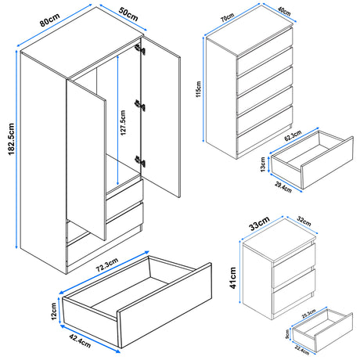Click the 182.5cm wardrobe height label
tap(11, 139)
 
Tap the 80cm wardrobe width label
tap(49, 20)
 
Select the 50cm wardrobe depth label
tap(128, 14)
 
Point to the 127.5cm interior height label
tap(124, 123)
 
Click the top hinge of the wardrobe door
tap(139, 49)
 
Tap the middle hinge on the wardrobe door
tap(140, 106)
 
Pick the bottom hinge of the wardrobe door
tap(140, 161)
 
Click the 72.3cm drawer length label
tap(107, 265)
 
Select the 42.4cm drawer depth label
tap(80, 341)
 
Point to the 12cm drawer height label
tap(54, 311)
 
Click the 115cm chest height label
tap(199, 89)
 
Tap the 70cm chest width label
tap(227, 17)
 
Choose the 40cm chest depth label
tap(284, 11)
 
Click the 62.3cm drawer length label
tap(293, 135)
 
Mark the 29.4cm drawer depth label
tap(283, 187)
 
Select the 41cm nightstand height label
tap(233, 278)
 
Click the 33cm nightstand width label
tap(259, 224)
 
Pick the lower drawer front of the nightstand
tap(293, 291)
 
